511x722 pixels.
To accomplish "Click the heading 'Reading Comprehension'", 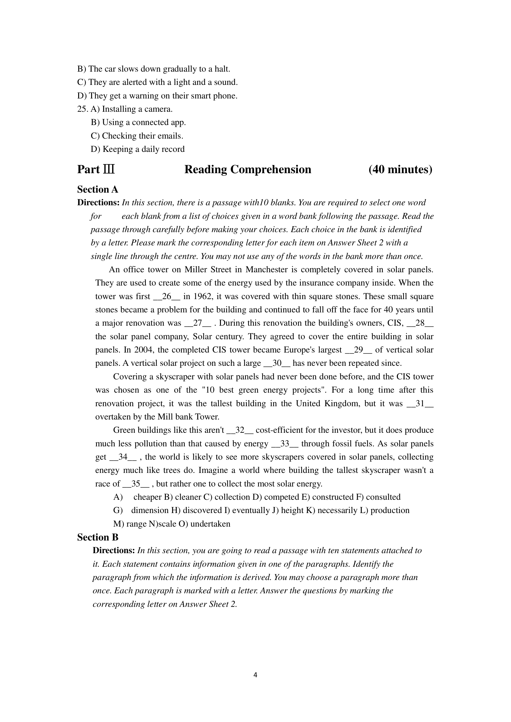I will click(248, 169).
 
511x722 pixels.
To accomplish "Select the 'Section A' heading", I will click(98, 189).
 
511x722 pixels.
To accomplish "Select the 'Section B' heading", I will click(98, 537).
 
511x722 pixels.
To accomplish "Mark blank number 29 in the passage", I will click(358, 350).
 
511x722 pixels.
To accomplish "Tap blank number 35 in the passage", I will click(136, 484).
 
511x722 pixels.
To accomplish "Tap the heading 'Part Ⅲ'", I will click(96, 169).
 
